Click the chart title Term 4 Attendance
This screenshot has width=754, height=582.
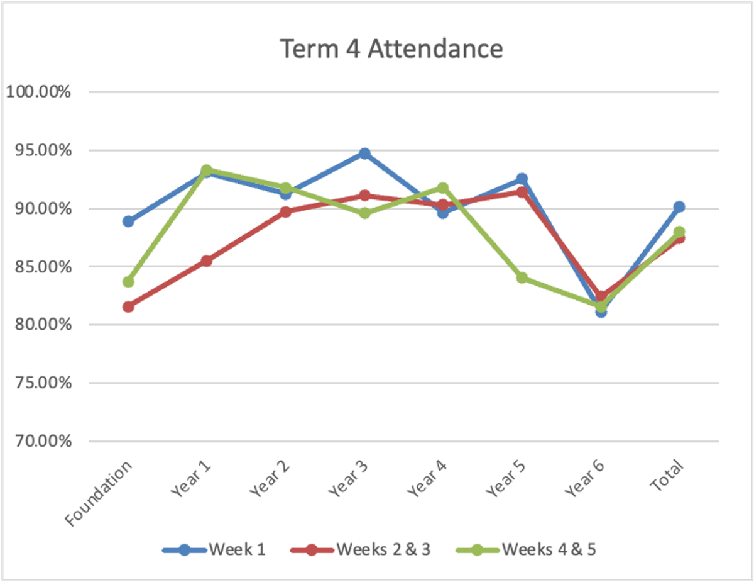(x=391, y=49)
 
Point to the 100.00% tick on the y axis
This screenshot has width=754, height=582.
(x=38, y=92)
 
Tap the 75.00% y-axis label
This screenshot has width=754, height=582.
(x=38, y=383)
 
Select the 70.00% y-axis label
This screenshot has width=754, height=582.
(x=38, y=441)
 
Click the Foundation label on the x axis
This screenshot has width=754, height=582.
(x=101, y=493)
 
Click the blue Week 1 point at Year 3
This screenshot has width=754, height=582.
(x=364, y=154)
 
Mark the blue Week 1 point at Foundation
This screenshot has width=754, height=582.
(x=128, y=221)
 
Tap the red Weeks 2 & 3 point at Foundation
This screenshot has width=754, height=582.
(x=128, y=307)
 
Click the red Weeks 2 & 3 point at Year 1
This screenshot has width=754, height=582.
(x=207, y=260)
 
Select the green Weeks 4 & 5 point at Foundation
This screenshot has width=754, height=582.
(x=128, y=281)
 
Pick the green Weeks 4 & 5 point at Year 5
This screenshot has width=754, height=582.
(x=522, y=277)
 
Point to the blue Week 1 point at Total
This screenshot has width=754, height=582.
(x=679, y=207)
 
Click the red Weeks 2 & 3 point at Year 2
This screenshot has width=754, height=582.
(x=285, y=212)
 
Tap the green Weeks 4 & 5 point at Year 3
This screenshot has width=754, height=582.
(x=364, y=213)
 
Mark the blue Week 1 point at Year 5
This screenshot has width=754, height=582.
(x=522, y=179)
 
